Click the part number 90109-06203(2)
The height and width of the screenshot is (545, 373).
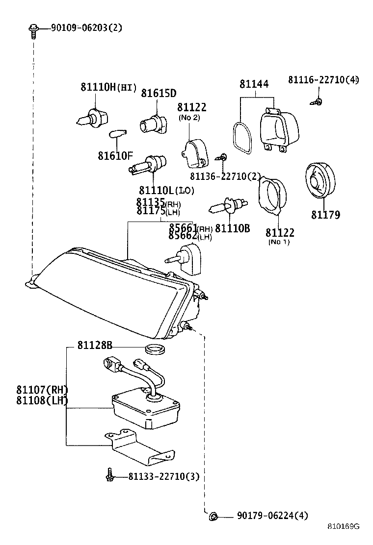tap(86, 27)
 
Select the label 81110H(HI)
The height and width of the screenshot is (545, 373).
tap(108, 88)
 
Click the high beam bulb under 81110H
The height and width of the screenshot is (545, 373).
tap(94, 117)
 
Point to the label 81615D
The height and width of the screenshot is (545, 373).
tap(159, 93)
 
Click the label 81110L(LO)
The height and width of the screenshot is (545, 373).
tap(166, 190)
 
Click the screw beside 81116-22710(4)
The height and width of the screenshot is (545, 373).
tap(318, 102)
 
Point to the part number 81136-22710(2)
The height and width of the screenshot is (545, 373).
tap(225, 176)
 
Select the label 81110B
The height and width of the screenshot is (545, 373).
tap(232, 228)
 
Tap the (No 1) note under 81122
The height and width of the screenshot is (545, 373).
tap(279, 242)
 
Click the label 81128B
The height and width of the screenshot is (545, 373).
tap(95, 346)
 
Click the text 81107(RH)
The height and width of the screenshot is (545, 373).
tap(42, 390)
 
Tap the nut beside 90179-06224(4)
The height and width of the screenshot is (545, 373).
tap(213, 516)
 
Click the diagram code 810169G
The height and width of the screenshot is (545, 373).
tap(344, 527)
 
